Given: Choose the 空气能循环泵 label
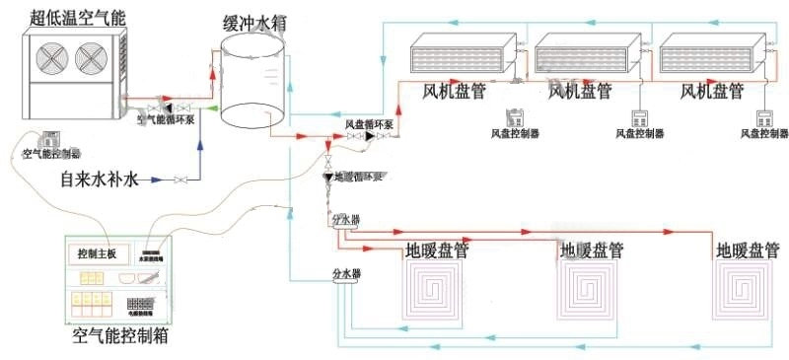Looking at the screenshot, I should coord(166,120).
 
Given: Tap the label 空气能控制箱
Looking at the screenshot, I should coord(119,336).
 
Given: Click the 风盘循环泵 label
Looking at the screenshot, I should coord(369,124).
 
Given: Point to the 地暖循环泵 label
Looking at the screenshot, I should coord(356,177).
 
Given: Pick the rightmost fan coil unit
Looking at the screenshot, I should coord(711,55).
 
